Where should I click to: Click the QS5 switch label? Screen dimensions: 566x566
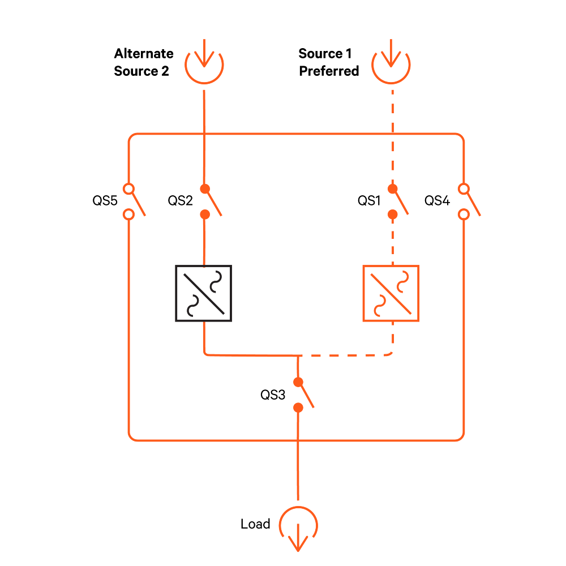pos(105,200)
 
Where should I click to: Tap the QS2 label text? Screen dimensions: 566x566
pos(180,200)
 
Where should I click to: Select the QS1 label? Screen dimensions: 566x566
pos(369,200)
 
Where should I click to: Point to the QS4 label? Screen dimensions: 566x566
pos(437,200)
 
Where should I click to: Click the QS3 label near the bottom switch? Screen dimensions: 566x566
pos(273,395)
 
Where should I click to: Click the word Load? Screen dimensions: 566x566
pos(255,524)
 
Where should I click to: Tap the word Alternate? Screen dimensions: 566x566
pos(144,53)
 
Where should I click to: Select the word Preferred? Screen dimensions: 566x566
pos(329,71)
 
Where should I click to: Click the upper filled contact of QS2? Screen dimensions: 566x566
pos(205,189)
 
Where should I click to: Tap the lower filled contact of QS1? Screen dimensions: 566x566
pos(393,215)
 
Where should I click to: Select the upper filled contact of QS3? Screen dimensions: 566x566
pos(298,382)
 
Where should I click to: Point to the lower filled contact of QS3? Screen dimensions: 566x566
pos(298,408)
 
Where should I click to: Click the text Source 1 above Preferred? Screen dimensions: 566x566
pos(325,53)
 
